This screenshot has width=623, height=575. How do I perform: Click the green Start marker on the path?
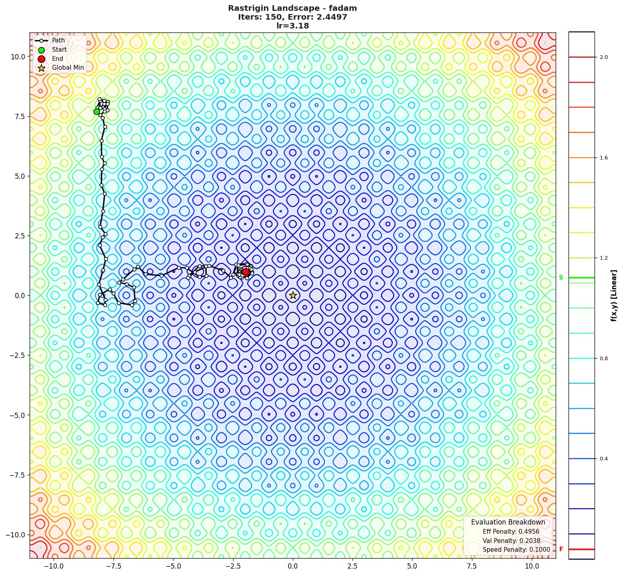(97, 111)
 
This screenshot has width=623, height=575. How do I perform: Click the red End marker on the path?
(246, 272)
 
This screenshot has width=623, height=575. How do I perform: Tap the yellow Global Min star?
(293, 295)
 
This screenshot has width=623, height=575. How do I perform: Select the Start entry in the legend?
(59, 50)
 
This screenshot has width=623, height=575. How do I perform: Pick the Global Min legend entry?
(68, 68)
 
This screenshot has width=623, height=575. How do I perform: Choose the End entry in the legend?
(57, 59)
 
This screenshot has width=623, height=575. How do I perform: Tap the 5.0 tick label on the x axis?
(412, 566)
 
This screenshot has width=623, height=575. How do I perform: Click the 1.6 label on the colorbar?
(603, 158)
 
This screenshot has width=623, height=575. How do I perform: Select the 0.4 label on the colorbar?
(603, 459)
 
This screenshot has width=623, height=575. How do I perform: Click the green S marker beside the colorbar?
(561, 278)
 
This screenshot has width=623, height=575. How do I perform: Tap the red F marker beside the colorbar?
(561, 549)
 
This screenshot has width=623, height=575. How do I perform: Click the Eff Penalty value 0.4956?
(529, 532)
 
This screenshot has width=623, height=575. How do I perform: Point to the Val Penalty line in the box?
(511, 541)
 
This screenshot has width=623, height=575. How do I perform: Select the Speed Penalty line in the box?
(516, 550)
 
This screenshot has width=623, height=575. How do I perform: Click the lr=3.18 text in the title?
(292, 26)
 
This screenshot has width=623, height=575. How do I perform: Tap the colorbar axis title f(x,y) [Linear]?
(613, 295)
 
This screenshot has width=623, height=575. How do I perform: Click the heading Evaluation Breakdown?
(508, 522)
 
